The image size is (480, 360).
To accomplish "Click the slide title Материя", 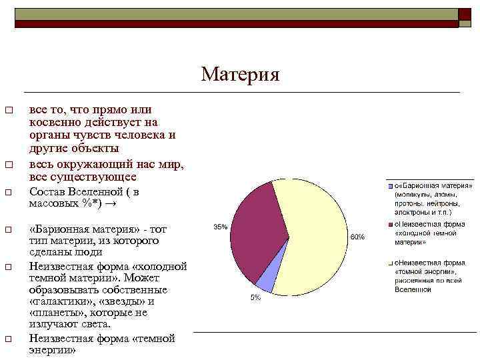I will (240, 74).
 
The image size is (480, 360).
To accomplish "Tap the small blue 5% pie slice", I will (265, 283).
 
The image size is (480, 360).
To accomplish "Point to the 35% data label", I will (220, 227).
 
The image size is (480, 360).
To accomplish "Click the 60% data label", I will (358, 237).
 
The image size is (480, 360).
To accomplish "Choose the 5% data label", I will (255, 297).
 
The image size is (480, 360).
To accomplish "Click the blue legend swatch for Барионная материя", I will (391, 185).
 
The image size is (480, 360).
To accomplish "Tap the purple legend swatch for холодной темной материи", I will (391, 224).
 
